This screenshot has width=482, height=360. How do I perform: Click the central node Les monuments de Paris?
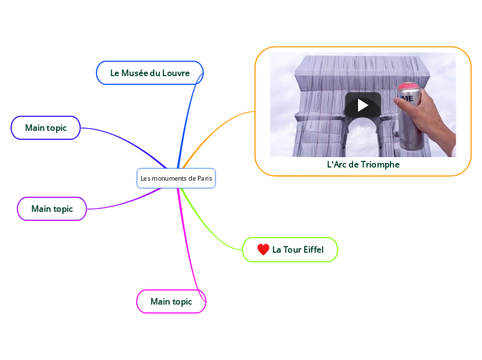[176, 179]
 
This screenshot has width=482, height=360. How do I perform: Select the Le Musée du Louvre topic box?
[150, 73]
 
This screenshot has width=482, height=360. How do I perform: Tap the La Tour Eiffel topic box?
[290, 249]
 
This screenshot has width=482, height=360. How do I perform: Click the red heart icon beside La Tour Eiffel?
[263, 249]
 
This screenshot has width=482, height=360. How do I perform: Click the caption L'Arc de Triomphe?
[363, 165]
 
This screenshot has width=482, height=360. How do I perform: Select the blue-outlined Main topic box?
[46, 127]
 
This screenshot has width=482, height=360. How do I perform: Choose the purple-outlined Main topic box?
[52, 208]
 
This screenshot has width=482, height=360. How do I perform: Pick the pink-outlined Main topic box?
[171, 301]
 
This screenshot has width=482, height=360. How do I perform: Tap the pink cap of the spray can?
[408, 87]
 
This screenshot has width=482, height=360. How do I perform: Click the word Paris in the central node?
[204, 179]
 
